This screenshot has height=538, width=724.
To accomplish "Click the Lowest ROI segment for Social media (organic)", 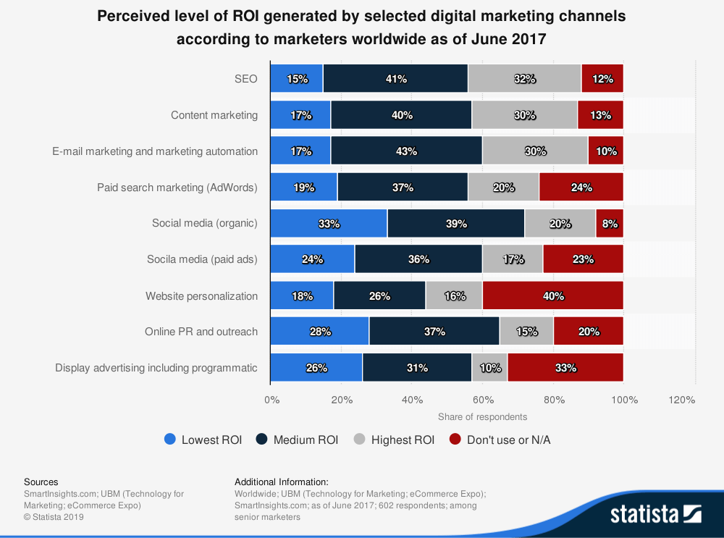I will coord(328,223).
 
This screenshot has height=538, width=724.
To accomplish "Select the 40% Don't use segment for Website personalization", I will coord(552,295).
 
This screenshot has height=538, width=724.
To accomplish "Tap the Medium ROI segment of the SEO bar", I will coord(395,79).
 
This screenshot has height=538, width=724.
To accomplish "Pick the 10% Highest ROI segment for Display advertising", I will coord(489,368).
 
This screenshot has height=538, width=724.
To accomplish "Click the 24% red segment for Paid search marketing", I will coord(581,188).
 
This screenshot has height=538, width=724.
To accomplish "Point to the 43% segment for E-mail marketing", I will coord(406,151).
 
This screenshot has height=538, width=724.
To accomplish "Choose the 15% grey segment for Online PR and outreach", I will coord(526,332).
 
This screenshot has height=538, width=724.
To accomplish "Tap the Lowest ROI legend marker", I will coord(170,440).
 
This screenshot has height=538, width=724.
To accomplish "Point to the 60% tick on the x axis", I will coord(484,400).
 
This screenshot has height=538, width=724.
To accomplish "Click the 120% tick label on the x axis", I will coord(681,400).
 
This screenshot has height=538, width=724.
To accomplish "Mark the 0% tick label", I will coord(271,400).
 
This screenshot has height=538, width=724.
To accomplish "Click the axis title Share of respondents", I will coord(482,416).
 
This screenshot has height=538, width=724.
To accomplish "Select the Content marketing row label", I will coord(214,115).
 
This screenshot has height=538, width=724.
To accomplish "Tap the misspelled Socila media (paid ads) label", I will coord(202,259).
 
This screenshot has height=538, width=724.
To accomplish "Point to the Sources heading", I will coord(41,482).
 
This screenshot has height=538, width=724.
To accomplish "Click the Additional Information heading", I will coord(282,482).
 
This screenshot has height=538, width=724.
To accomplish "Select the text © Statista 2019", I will coord(54,517).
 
